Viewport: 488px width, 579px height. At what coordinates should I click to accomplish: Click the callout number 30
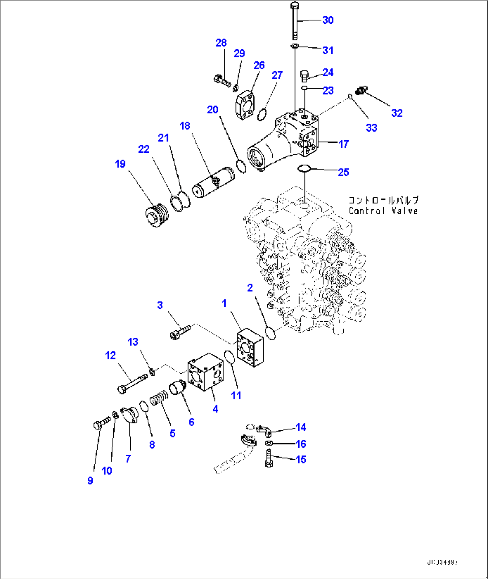point(328,20)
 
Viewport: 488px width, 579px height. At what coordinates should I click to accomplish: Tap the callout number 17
point(343,144)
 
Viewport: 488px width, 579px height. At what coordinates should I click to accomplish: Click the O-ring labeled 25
point(304,169)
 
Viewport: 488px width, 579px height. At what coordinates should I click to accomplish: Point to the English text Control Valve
point(383,211)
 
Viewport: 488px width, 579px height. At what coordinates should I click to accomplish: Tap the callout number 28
point(221,43)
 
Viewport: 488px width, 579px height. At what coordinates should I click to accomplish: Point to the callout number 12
point(110,355)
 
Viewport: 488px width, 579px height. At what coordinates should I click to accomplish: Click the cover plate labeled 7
point(130,414)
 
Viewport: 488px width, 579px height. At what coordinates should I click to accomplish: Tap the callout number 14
point(300,428)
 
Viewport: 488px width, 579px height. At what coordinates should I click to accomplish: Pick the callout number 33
point(371,128)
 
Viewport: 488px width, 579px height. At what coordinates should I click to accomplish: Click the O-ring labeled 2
point(270,333)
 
